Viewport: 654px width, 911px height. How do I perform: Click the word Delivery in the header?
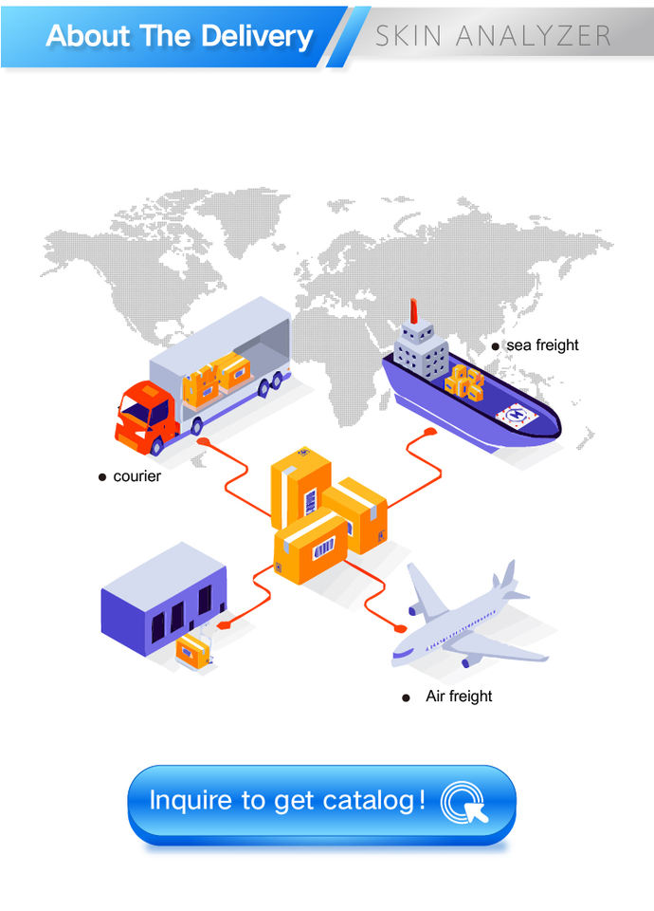click(253, 36)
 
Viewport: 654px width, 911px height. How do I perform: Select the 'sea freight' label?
click(542, 345)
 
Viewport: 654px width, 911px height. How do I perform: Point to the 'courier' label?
click(137, 476)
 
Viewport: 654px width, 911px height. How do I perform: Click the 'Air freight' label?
click(459, 697)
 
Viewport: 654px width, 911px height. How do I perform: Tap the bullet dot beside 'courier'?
click(102, 477)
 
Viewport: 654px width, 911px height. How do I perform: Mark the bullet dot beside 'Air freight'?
click(407, 697)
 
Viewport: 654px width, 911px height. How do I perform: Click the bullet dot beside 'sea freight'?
click(495, 346)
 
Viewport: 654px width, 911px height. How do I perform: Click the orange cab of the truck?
click(140, 416)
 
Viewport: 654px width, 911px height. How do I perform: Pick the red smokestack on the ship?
click(414, 314)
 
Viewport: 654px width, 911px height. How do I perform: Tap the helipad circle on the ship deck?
click(518, 414)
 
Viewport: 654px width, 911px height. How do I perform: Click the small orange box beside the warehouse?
click(192, 650)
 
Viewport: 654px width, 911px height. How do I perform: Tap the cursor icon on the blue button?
click(465, 801)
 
